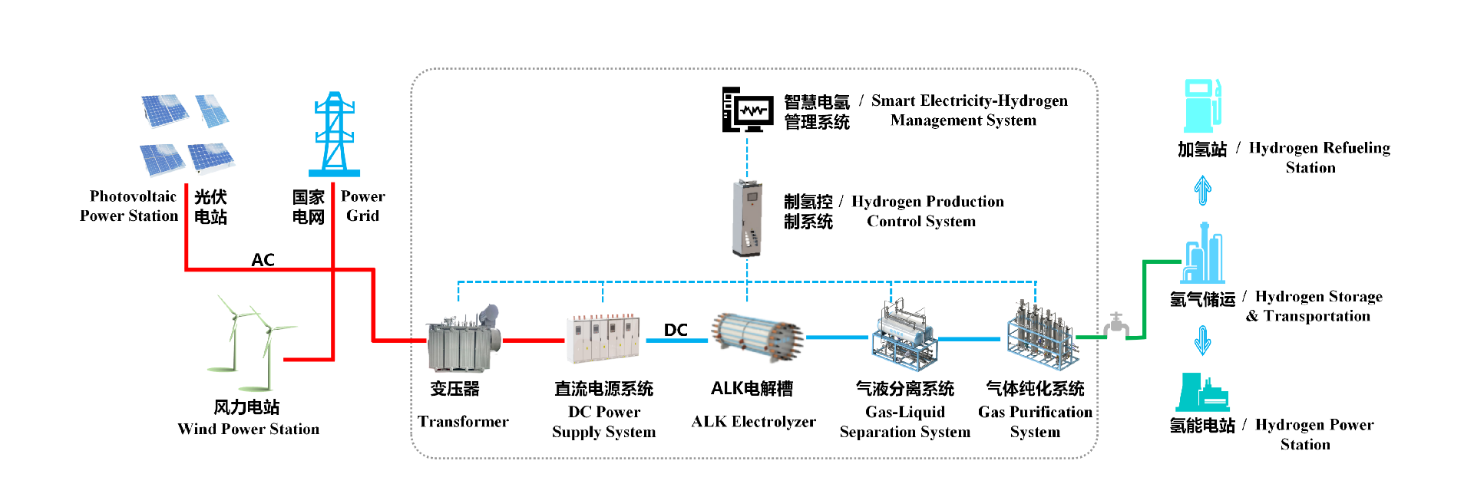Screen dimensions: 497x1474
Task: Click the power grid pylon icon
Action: click(x=334, y=135)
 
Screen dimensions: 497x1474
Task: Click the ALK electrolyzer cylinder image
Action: click(x=756, y=337)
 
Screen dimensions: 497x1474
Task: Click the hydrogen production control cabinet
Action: click(x=746, y=218)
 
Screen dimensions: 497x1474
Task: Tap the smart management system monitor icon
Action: click(x=747, y=110)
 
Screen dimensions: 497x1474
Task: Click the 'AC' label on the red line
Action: click(x=263, y=260)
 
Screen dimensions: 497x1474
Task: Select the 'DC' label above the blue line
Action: click(x=676, y=330)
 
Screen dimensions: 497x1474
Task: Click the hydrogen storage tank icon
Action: click(x=1203, y=254)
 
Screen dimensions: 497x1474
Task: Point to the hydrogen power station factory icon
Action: click(x=1201, y=393)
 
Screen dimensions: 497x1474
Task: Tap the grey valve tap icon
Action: click(x=1116, y=325)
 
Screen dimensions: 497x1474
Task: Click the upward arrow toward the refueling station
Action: click(x=1203, y=189)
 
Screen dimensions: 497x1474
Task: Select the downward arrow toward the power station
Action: click(x=1203, y=340)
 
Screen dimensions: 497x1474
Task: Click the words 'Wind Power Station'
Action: click(x=248, y=429)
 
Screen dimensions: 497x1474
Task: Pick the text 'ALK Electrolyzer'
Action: click(x=753, y=422)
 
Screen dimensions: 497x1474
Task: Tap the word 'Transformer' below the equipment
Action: click(x=463, y=422)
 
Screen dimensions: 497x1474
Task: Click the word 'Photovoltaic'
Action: click(x=133, y=196)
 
